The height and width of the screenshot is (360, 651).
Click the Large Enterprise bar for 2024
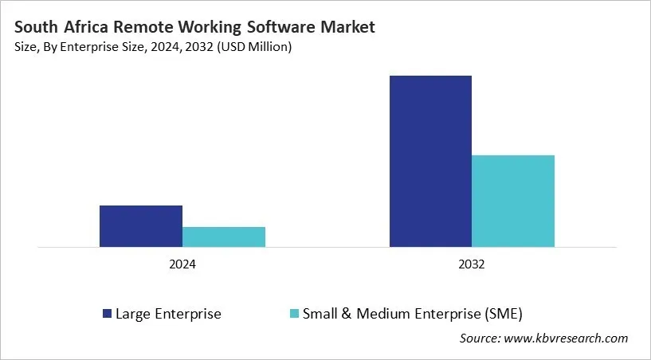coord(141,226)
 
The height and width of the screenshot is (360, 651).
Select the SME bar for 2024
coord(224,237)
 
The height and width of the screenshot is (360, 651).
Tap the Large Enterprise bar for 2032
coord(430,161)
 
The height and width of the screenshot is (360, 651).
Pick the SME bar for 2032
coord(513,201)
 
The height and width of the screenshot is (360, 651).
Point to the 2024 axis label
coord(182,264)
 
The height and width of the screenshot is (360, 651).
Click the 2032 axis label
coord(472,264)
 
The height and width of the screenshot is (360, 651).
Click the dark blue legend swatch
coord(106,313)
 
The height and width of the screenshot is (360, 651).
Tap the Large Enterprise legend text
coord(168,313)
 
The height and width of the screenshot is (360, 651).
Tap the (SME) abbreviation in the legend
coord(504,313)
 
